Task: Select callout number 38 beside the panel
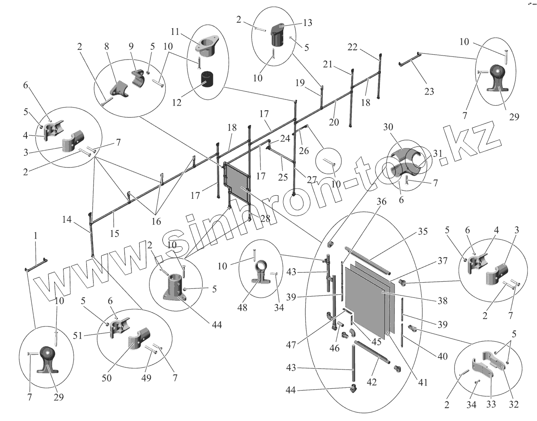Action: [442, 301]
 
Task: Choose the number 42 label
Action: [372, 382]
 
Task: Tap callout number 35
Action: [423, 232]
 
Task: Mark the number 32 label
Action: [513, 404]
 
